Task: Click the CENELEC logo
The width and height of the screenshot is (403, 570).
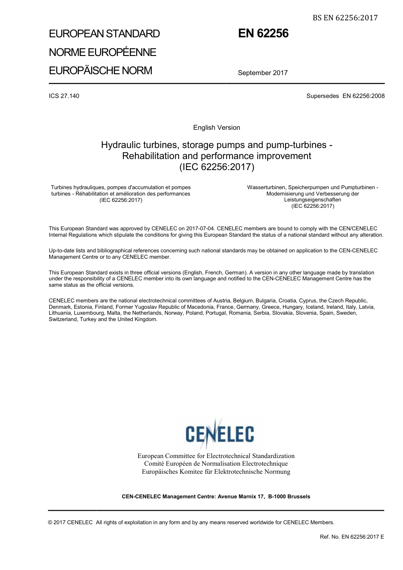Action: point(220,433)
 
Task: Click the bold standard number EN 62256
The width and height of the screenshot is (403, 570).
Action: point(263,34)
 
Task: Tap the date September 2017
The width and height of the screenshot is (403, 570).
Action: point(263,73)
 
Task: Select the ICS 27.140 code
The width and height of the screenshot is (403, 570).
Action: point(64,96)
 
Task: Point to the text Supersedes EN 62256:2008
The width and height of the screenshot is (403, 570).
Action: point(345,96)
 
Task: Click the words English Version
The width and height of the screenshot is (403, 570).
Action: point(216,128)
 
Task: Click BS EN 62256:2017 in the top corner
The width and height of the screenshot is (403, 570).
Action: point(345,17)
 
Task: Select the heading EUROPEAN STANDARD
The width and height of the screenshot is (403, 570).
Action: point(104,34)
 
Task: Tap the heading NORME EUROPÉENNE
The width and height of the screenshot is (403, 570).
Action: point(103,52)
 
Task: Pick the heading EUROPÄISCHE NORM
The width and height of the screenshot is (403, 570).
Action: point(101,70)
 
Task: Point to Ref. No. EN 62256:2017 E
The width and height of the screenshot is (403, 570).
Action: point(352,536)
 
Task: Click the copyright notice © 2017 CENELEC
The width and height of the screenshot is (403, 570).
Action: point(70,522)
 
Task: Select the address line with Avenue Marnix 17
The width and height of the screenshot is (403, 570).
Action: point(216,496)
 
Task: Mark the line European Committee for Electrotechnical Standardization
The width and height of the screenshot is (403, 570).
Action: point(216,456)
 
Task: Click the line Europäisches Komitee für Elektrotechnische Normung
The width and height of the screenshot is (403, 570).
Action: point(216,471)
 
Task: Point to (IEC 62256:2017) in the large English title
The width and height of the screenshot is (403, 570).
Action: point(217,167)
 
